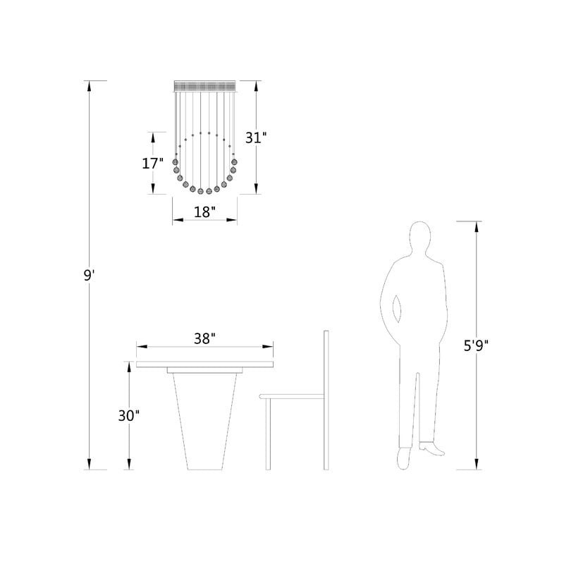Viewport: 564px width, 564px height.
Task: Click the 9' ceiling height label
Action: (x=89, y=276)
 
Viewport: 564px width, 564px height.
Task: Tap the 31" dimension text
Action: (x=256, y=137)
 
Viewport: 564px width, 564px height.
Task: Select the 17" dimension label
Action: (x=153, y=164)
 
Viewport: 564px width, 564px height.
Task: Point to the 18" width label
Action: (x=204, y=212)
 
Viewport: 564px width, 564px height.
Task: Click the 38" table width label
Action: (x=204, y=338)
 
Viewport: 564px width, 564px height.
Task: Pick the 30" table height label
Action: (x=129, y=416)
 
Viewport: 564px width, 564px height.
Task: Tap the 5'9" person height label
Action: (x=477, y=346)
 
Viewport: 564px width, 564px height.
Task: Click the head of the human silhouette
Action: (x=419, y=238)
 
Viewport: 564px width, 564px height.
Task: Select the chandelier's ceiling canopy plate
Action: (x=204, y=86)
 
